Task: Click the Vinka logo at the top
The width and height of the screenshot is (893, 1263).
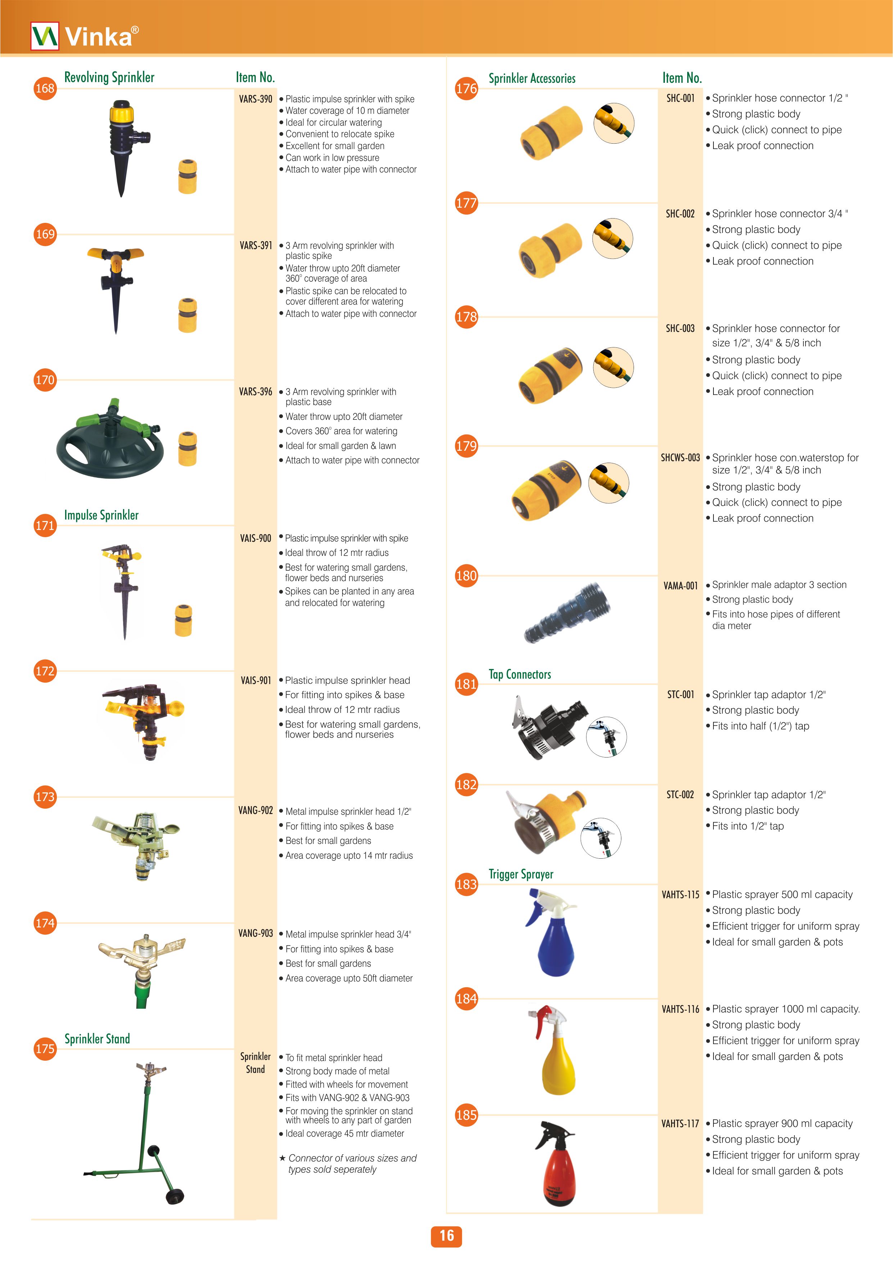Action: pyautogui.click(x=85, y=36)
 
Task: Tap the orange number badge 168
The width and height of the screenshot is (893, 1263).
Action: pyautogui.click(x=45, y=88)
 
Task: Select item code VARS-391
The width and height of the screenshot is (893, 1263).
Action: pyautogui.click(x=256, y=245)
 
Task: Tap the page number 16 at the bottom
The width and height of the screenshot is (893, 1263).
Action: pyautogui.click(x=446, y=1236)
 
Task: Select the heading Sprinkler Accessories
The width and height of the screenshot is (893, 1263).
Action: pyautogui.click(x=532, y=78)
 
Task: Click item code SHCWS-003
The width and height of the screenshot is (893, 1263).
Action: pyautogui.click(x=680, y=457)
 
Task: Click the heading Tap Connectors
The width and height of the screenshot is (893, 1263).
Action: pyautogui.click(x=520, y=674)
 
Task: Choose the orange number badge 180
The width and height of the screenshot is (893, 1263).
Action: pyautogui.click(x=466, y=576)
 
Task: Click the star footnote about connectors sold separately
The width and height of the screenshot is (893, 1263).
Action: pyautogui.click(x=348, y=1163)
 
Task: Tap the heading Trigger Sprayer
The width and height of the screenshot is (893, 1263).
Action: pyautogui.click(x=521, y=874)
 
